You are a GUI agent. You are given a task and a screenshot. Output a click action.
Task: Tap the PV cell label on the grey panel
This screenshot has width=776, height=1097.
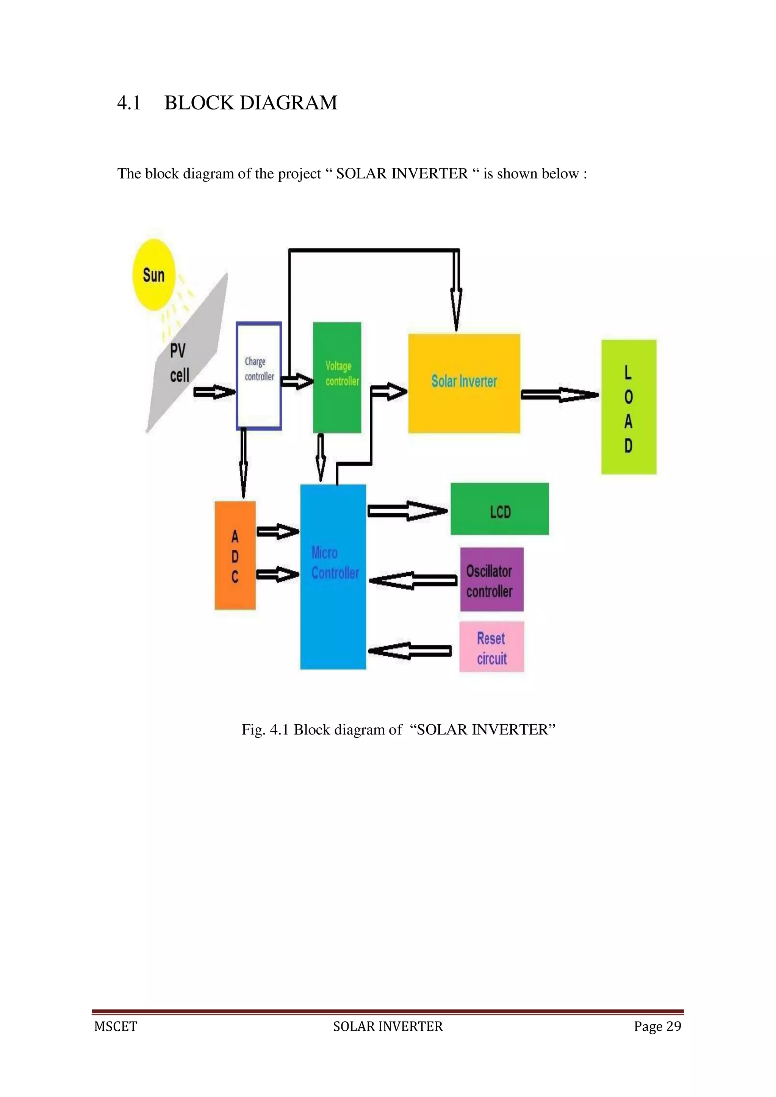click(179, 363)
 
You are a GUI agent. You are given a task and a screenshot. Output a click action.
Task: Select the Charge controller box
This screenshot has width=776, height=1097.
click(258, 376)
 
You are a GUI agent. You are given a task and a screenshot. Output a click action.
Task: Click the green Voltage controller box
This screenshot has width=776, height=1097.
click(337, 377)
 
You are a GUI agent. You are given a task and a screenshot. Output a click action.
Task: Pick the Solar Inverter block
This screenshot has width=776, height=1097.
click(464, 383)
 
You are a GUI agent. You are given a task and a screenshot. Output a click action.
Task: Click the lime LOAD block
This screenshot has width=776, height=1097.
click(628, 407)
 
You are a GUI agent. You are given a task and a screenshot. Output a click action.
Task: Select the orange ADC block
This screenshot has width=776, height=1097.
click(235, 555)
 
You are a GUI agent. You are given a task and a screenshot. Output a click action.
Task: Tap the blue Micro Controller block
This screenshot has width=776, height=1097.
click(333, 576)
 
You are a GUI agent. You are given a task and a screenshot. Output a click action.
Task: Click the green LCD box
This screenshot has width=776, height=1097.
click(500, 509)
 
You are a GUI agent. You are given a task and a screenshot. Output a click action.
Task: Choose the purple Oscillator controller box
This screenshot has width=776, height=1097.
click(492, 580)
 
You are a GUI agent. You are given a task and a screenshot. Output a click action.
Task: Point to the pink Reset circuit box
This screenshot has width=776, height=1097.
click(492, 647)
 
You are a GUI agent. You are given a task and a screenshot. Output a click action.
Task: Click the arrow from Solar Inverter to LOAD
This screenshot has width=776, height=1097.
click(559, 395)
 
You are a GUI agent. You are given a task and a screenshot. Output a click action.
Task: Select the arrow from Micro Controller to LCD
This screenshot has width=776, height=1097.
click(407, 511)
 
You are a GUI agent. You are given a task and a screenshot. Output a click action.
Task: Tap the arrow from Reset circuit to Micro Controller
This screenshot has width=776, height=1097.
click(410, 651)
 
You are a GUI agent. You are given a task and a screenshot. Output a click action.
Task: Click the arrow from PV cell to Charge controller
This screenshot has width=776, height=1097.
click(214, 392)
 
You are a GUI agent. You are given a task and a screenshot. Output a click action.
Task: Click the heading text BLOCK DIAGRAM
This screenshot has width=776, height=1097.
click(250, 103)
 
